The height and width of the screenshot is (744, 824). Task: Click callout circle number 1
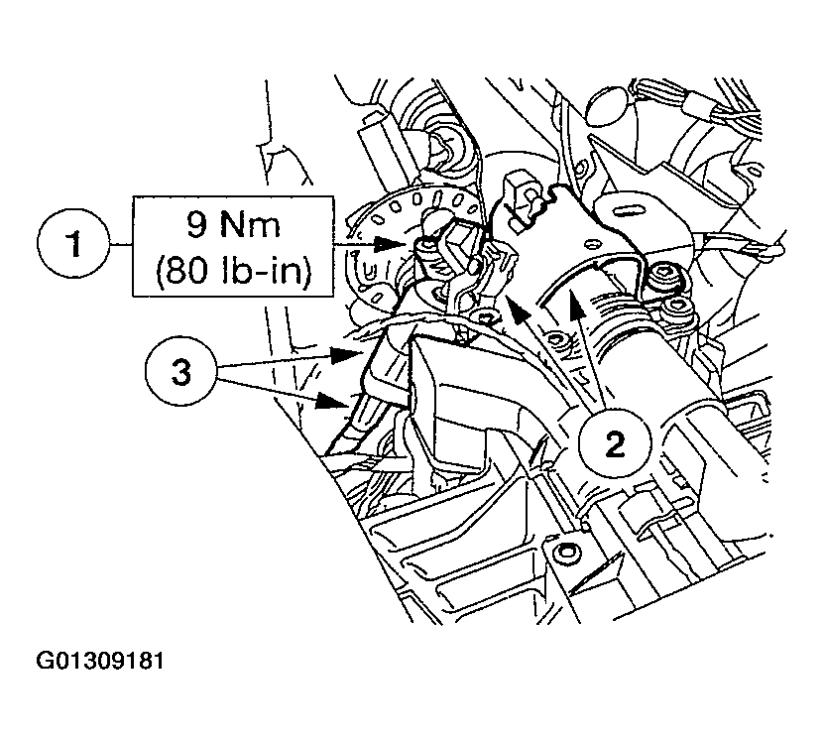click(x=73, y=245)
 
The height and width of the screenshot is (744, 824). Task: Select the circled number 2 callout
click(x=615, y=442)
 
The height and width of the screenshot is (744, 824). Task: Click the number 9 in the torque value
click(x=197, y=225)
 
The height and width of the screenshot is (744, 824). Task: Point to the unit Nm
click(x=250, y=225)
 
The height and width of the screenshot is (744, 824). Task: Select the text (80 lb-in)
click(x=233, y=272)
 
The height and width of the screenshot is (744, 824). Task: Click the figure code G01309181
click(x=100, y=661)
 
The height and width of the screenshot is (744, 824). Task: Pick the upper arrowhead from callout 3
click(x=346, y=355)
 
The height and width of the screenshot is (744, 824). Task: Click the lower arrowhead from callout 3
click(x=331, y=402)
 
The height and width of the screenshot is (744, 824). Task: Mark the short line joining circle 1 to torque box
click(x=120, y=245)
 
